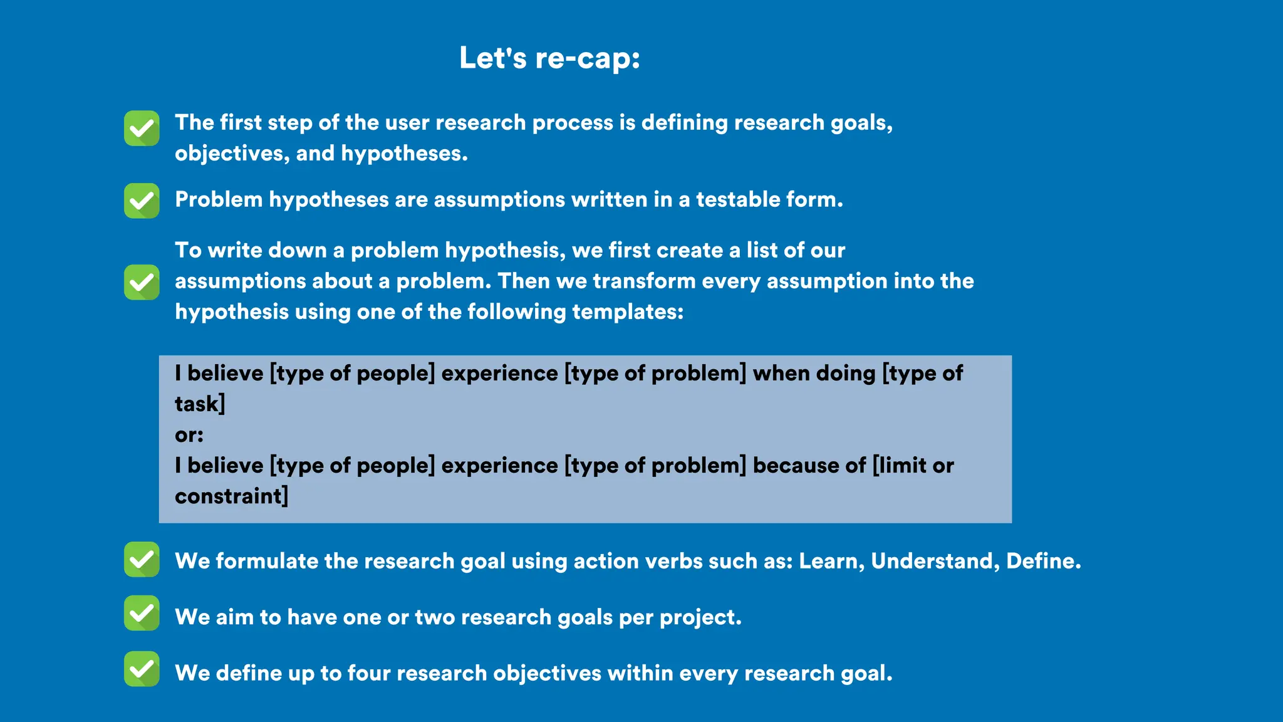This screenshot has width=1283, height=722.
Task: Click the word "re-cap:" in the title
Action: pos(588,58)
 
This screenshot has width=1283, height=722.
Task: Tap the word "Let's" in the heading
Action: pos(493,58)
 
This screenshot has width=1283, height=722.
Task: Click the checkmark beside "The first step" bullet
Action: pos(142,128)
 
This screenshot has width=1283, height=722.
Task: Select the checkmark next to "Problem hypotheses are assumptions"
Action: pos(142,201)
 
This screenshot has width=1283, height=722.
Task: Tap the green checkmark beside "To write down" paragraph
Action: pos(142,282)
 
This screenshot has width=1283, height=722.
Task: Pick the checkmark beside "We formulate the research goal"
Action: pos(142,559)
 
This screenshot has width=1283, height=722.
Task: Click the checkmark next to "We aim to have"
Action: pos(142,613)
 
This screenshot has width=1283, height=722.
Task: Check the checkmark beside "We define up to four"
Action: pos(142,669)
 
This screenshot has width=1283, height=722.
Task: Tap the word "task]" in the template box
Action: pos(200,404)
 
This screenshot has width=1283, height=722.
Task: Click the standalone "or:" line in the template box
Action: pos(189,435)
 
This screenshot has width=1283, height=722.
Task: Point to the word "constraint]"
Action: pos(231,496)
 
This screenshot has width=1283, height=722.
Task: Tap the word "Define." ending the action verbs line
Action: pos(1044,561)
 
